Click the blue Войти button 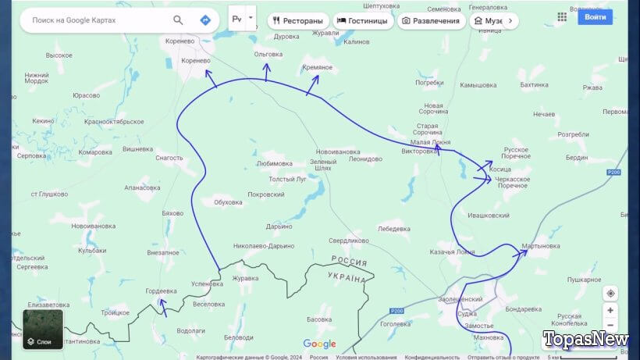595,16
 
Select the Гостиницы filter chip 362,20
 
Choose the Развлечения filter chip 430,20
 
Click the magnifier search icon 179,20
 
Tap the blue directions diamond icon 205,20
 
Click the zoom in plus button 610,310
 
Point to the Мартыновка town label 541,247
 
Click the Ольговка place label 268,54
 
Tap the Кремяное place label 317,67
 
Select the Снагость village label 169,158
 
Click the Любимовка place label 275,164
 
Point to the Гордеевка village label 162,291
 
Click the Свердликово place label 348,241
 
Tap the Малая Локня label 430,142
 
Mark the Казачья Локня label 452,252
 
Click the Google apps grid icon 562,16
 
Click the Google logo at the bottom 319,344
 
